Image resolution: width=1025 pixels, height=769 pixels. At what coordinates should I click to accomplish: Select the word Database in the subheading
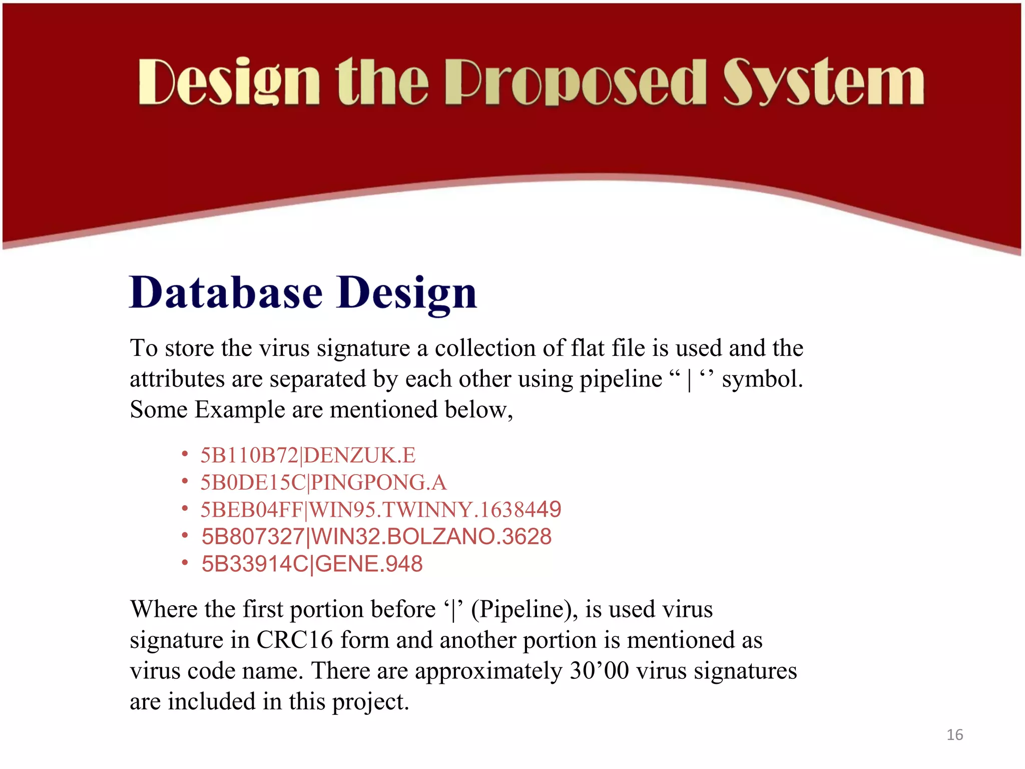pos(226,293)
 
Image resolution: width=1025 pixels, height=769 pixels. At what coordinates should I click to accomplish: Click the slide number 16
pos(954,734)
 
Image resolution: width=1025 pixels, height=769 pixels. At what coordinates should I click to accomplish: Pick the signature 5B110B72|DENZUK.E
pos(308,455)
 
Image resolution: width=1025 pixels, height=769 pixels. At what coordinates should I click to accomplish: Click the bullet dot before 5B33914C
pos(185,563)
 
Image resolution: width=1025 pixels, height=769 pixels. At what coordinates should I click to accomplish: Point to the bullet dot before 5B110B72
pos(185,454)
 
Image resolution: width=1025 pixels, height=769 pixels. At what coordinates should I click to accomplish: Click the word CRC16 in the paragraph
pos(294,640)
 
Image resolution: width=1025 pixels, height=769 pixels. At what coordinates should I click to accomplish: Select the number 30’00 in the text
pos(599,671)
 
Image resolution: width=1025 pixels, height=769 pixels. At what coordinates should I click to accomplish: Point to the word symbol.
pos(762,379)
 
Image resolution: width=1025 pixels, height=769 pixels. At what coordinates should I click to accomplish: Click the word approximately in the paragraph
pos(488,671)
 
